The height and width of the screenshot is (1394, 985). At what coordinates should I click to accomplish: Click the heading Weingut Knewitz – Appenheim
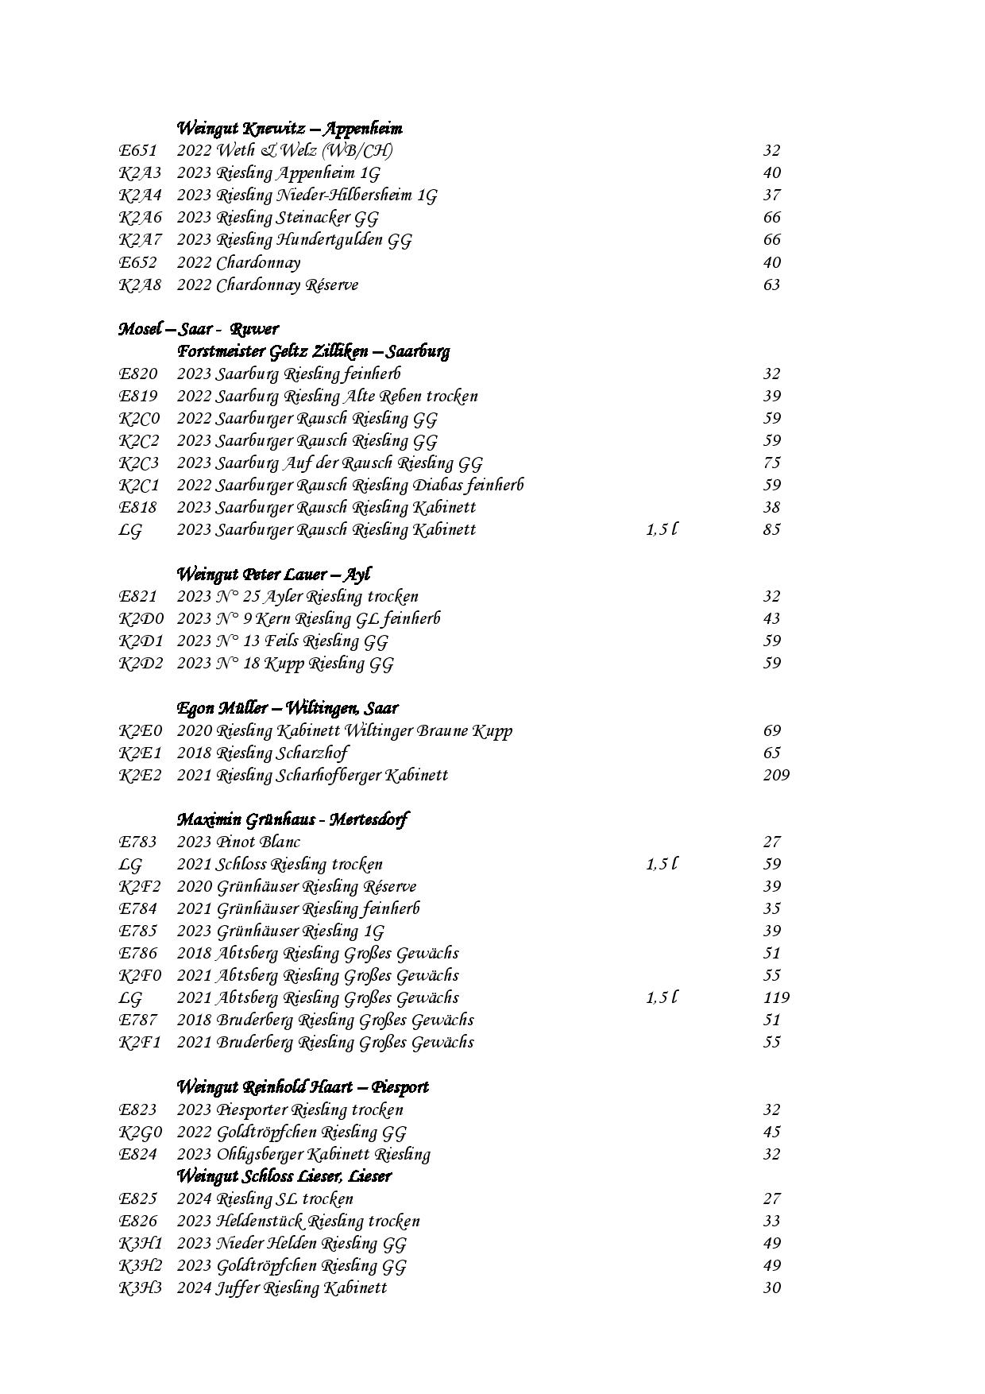(289, 128)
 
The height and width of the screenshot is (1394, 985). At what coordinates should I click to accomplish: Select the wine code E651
(137, 150)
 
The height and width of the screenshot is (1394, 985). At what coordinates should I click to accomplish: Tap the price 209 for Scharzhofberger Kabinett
(776, 775)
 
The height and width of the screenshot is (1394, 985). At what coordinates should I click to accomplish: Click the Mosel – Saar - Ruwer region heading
(199, 329)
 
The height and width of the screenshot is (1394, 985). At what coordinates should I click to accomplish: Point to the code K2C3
(139, 463)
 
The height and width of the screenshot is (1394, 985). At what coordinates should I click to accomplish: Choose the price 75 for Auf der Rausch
(771, 463)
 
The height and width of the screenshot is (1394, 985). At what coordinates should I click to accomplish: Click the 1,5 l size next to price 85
(661, 529)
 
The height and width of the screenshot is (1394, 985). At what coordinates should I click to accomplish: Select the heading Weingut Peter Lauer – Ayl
(273, 574)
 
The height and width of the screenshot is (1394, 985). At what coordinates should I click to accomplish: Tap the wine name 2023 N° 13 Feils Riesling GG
(282, 641)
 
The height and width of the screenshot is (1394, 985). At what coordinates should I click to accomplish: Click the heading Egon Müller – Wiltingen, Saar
(287, 707)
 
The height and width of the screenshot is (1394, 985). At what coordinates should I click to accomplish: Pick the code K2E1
(140, 753)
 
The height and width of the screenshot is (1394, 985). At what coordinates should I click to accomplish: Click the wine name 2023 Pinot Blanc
(238, 842)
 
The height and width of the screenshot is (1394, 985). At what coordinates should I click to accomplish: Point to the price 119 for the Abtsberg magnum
(776, 997)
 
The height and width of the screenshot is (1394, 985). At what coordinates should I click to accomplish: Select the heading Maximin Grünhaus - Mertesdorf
(292, 819)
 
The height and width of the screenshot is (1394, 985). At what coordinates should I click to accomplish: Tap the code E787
(138, 1020)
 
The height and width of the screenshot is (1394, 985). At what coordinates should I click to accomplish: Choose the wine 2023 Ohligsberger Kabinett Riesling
(303, 1154)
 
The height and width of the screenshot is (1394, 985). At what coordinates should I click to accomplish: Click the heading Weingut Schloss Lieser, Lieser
(284, 1175)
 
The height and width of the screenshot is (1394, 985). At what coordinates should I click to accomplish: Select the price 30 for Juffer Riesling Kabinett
(771, 1288)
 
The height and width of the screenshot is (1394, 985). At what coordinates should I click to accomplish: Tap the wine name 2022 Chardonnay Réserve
(267, 285)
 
